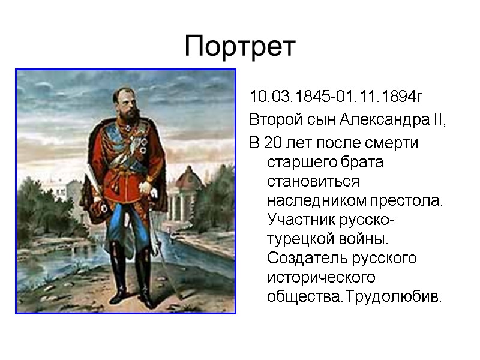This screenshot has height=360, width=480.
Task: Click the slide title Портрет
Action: click(240, 46)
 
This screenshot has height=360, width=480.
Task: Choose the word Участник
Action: click(298, 220)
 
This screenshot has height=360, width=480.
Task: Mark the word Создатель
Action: click(305, 259)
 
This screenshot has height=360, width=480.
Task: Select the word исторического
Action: click(321, 278)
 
